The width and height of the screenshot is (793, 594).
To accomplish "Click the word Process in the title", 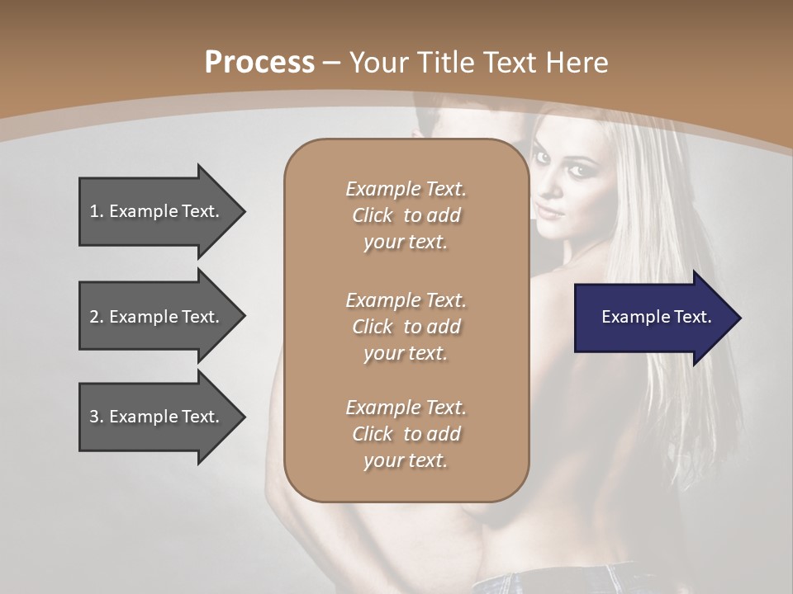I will click(x=259, y=63).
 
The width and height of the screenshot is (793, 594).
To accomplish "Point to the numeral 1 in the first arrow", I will click(x=94, y=211).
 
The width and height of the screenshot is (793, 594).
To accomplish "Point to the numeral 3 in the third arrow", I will click(x=94, y=417).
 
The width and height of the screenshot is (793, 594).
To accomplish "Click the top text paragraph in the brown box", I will click(x=406, y=215).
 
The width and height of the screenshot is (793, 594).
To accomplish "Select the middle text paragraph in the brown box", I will click(x=406, y=327).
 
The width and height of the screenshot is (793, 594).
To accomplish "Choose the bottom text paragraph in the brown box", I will click(x=406, y=434).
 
